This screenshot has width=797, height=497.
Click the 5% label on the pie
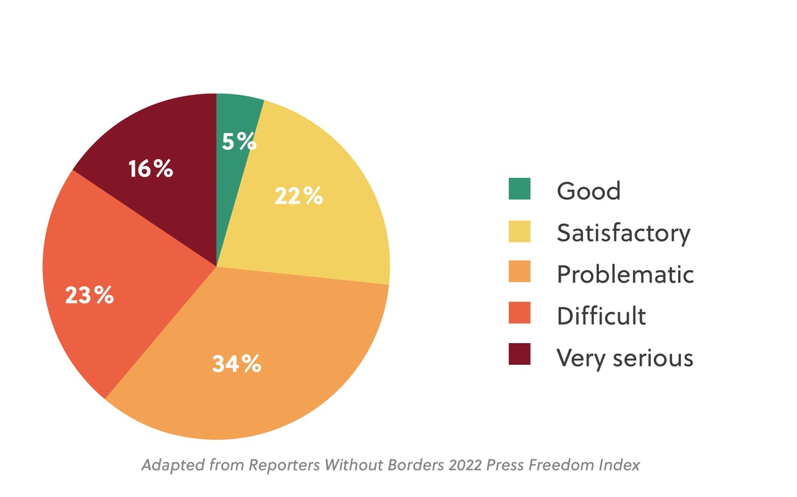[238, 141]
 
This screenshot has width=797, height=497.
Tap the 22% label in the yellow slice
[298, 196]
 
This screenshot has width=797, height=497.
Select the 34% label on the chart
[236, 364]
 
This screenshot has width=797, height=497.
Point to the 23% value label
[89, 295]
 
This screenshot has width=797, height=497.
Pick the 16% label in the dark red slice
[151, 169]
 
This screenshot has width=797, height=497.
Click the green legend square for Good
[519, 189]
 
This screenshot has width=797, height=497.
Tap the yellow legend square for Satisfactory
[519, 231]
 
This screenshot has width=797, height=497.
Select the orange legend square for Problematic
[519, 273]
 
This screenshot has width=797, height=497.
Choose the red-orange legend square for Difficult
[519, 314]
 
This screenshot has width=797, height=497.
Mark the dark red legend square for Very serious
[519, 355]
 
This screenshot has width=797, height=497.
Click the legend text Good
[588, 191]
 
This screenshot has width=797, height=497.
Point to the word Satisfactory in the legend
[623, 233]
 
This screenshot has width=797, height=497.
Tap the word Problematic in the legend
[625, 274]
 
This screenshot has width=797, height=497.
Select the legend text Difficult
[601, 316]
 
